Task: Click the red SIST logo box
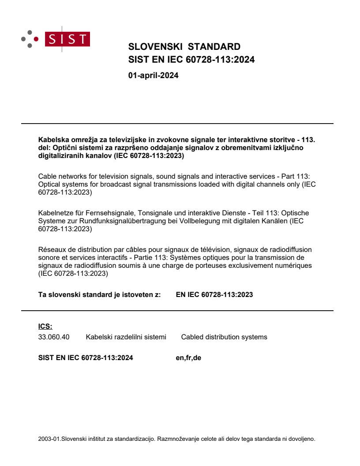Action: click(69, 39)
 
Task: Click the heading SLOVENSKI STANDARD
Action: click(184, 47)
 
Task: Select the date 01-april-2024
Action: click(153, 75)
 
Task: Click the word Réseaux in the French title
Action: click(51, 250)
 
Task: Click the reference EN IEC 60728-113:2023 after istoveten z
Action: click(214, 295)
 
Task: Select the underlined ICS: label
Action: click(45, 327)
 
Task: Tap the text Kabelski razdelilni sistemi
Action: click(126, 337)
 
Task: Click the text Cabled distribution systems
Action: click(224, 337)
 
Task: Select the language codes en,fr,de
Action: click(188, 358)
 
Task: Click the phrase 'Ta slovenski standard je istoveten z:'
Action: click(99, 295)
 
